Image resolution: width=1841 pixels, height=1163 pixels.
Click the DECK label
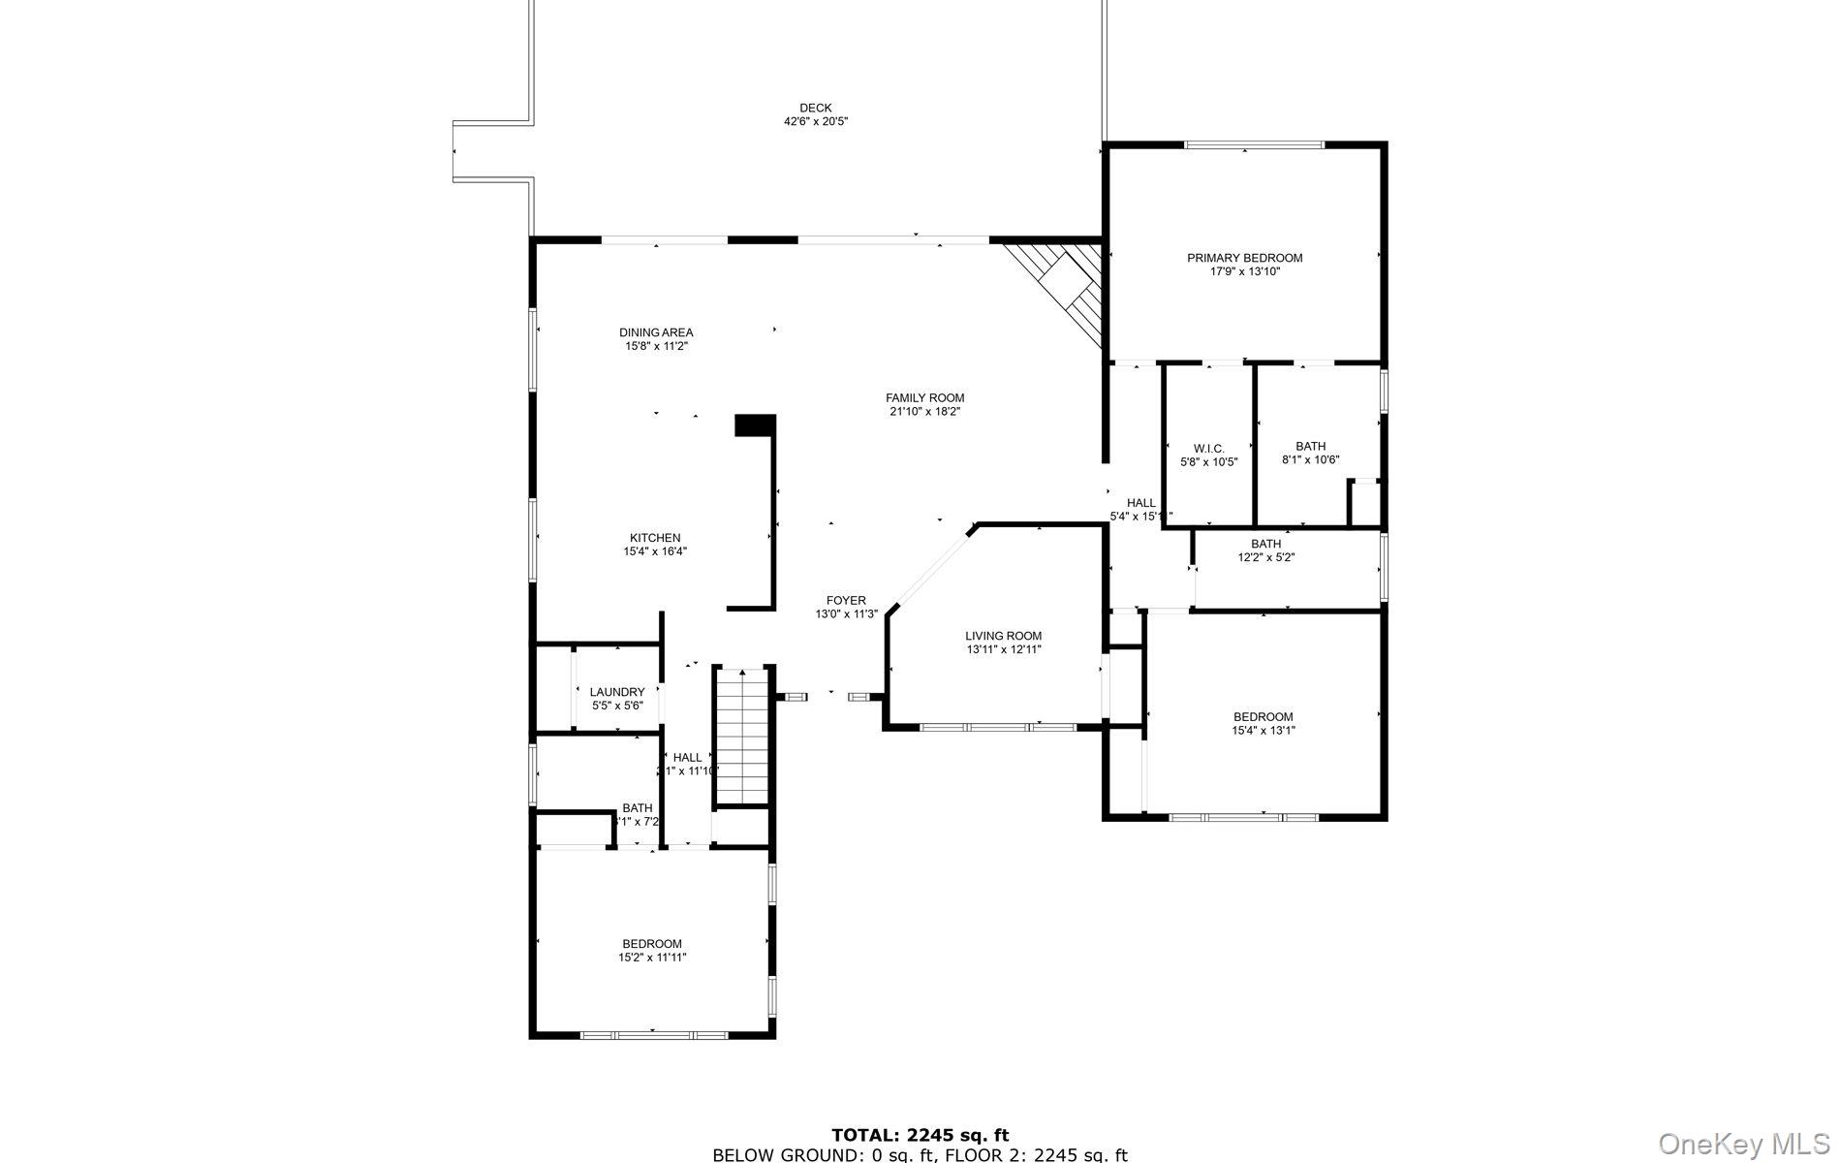pos(815,108)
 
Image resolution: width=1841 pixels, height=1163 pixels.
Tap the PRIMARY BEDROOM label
pos(1244,258)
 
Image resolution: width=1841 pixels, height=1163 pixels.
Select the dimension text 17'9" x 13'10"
pos(1244,272)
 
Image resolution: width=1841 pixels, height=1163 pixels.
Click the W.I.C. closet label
pos(1208,449)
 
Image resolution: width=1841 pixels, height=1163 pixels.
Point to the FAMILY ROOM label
pos(924,397)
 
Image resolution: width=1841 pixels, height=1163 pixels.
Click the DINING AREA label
pos(656,332)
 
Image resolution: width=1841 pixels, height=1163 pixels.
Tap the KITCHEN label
pos(655,538)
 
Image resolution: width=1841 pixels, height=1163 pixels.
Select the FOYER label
pos(846,601)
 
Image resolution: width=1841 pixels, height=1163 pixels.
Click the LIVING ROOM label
pos(1003,636)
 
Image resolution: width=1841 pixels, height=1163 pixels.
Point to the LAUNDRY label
pos(617,692)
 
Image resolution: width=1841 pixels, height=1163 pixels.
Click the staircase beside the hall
pos(742,737)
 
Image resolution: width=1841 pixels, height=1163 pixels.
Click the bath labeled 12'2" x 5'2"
pos(1265,550)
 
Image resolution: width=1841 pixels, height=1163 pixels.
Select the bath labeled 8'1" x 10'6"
pos(1310,453)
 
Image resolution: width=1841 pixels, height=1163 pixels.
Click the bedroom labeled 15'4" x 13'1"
pos(1263,723)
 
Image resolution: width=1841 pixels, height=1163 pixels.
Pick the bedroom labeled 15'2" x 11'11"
pos(651,950)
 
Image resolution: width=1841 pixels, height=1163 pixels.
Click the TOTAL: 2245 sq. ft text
pos(920,1135)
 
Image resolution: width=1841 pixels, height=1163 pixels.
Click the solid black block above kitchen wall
pos(755,424)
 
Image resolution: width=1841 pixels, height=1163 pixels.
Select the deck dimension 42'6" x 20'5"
pos(815,122)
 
